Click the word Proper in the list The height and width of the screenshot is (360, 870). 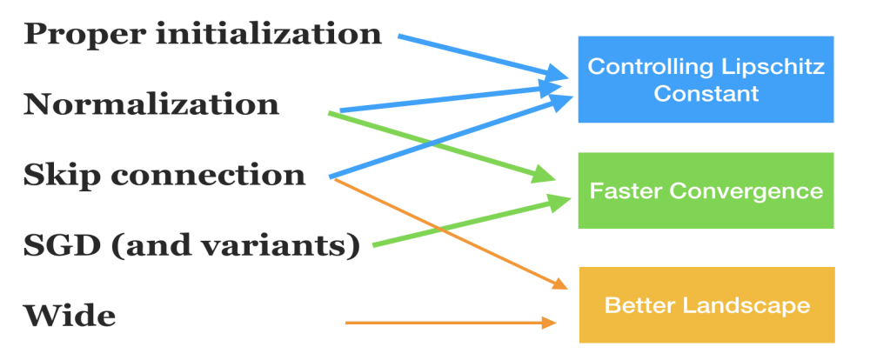click(x=77, y=35)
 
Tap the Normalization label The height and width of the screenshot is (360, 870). click(x=151, y=104)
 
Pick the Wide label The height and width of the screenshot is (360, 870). click(x=69, y=316)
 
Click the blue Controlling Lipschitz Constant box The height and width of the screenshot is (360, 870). click(x=706, y=79)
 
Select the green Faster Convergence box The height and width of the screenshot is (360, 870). click(x=706, y=190)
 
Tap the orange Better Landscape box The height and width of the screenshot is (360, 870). click(x=706, y=305)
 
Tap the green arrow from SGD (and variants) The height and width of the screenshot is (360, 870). click(x=470, y=223)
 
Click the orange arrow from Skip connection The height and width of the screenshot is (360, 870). click(x=444, y=231)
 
